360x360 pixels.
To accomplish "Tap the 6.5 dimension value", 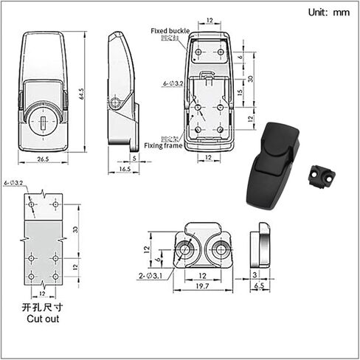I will click(x=259, y=285).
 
